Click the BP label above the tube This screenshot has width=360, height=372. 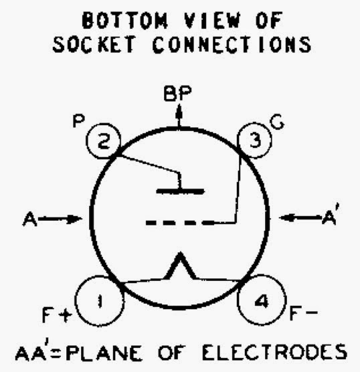pyautogui.click(x=177, y=94)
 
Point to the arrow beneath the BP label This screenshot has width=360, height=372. pyautogui.click(x=179, y=116)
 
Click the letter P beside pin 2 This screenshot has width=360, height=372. pyautogui.click(x=78, y=121)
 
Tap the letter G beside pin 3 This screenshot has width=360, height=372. pyautogui.click(x=277, y=123)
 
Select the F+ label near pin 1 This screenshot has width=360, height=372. pyautogui.click(x=57, y=315)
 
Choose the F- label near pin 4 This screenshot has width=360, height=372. pyautogui.click(x=304, y=312)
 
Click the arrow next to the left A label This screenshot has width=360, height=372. pyautogui.click(x=60, y=219)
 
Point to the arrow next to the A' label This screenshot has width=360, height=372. pyautogui.click(x=300, y=217)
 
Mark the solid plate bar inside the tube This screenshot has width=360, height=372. pyautogui.click(x=181, y=191)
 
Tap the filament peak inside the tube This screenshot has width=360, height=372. pyautogui.click(x=181, y=254)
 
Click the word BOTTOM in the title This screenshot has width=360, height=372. pyautogui.click(x=125, y=20)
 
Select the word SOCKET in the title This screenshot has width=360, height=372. pyautogui.click(x=94, y=44)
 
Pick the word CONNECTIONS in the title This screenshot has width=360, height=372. pyautogui.click(x=232, y=44)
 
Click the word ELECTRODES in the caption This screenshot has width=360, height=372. pyautogui.click(x=274, y=352)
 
